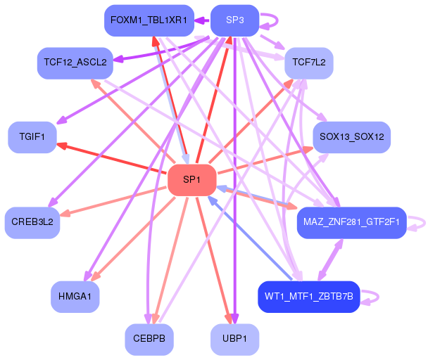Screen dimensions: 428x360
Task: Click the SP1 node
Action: click(192, 180)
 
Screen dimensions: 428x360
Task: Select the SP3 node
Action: click(234, 20)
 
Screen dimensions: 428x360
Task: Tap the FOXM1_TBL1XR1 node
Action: click(149, 20)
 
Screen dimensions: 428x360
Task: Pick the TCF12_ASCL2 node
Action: click(75, 63)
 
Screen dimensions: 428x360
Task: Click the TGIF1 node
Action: click(32, 137)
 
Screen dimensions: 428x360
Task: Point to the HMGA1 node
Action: click(75, 297)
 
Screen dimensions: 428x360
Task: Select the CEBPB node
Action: click(149, 340)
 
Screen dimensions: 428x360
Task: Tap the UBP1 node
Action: click(234, 340)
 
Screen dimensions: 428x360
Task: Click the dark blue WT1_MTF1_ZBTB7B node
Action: click(309, 297)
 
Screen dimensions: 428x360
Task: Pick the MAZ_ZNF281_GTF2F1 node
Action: click(352, 223)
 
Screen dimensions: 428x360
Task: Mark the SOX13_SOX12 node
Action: click(352, 137)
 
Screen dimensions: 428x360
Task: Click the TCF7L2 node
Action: click(309, 63)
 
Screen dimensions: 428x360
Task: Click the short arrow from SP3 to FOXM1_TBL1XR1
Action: click(202, 20)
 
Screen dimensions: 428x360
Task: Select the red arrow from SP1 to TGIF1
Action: click(112, 158)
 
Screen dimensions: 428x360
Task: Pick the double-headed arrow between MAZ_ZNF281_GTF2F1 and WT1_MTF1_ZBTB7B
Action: click(330, 259)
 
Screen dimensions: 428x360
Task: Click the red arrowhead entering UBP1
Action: click(229, 319)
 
